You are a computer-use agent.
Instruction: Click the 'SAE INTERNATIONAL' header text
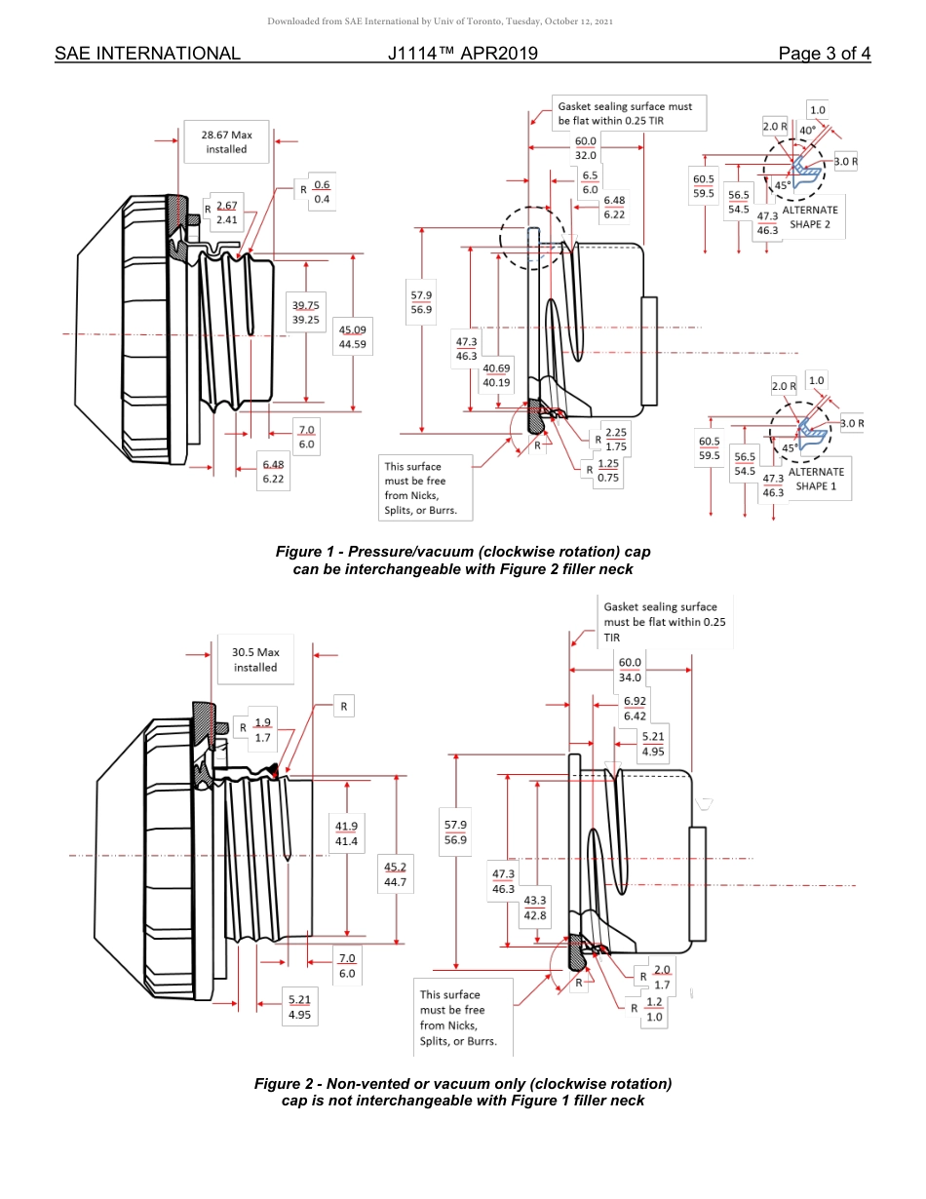click(147, 54)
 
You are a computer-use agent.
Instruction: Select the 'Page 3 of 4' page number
click(824, 54)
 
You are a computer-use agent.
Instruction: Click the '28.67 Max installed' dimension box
click(225, 142)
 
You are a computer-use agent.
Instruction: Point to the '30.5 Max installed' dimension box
click(254, 660)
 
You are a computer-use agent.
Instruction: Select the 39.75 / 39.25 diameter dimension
click(306, 312)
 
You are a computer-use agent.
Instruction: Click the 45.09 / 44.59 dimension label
click(352, 336)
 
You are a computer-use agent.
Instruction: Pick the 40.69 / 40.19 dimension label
click(496, 375)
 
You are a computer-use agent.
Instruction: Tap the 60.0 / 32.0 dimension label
click(585, 148)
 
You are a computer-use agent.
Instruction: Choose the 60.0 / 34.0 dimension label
click(630, 670)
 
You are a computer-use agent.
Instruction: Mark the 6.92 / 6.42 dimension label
click(634, 708)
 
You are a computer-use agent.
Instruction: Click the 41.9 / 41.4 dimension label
click(346, 833)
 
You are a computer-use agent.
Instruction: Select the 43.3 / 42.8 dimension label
click(535, 909)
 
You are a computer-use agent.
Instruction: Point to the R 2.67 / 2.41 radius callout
click(222, 213)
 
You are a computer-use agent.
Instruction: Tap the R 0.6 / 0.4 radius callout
click(317, 192)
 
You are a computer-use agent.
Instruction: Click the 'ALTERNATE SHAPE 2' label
click(810, 216)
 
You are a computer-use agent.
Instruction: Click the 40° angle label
click(807, 130)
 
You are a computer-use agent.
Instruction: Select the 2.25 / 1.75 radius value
click(615, 439)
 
